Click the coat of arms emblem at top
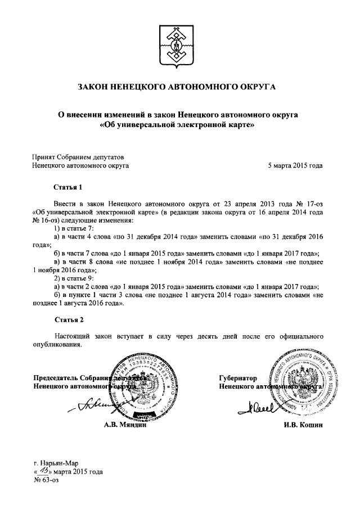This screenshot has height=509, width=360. click(179, 43)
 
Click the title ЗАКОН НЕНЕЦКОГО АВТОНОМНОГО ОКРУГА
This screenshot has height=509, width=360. click(179, 88)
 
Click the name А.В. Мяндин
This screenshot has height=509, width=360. click(125, 425)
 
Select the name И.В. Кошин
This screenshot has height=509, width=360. click(304, 425)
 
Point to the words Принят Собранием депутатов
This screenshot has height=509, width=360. click(78, 157)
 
